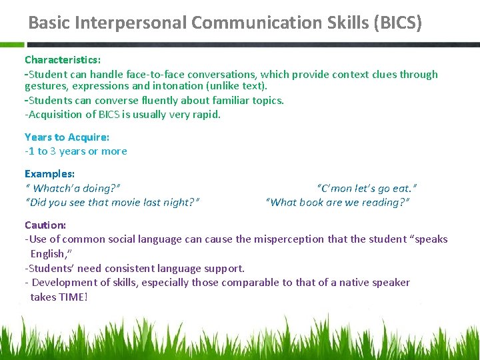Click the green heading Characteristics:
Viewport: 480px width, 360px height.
click(x=63, y=60)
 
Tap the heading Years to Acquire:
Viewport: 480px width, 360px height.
click(x=67, y=137)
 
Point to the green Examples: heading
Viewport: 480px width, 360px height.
click(x=49, y=174)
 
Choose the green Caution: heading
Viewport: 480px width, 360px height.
click(x=45, y=225)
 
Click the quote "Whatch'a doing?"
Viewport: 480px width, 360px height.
click(x=73, y=189)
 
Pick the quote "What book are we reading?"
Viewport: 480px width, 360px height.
click(x=337, y=202)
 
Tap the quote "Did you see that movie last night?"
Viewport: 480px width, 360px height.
click(x=112, y=202)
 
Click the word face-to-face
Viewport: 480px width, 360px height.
click(x=147, y=75)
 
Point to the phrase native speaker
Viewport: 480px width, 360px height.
click(x=372, y=282)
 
